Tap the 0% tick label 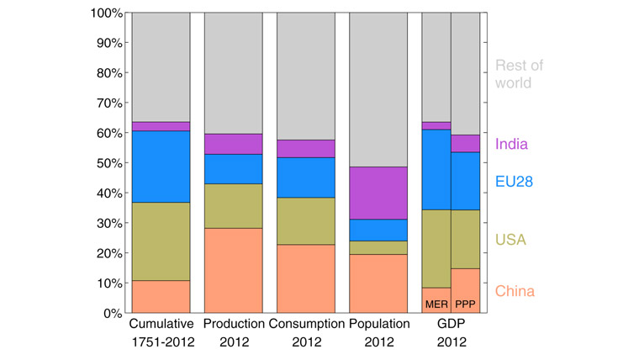(112, 313)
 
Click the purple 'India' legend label (512, 144)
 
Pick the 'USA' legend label (510, 241)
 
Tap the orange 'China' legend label (515, 292)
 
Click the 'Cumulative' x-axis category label (161, 324)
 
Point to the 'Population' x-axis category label (378, 324)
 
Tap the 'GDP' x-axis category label (451, 324)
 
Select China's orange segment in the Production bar (233, 270)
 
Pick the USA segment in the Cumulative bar (161, 241)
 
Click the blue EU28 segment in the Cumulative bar (161, 167)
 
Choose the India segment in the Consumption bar (305, 149)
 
